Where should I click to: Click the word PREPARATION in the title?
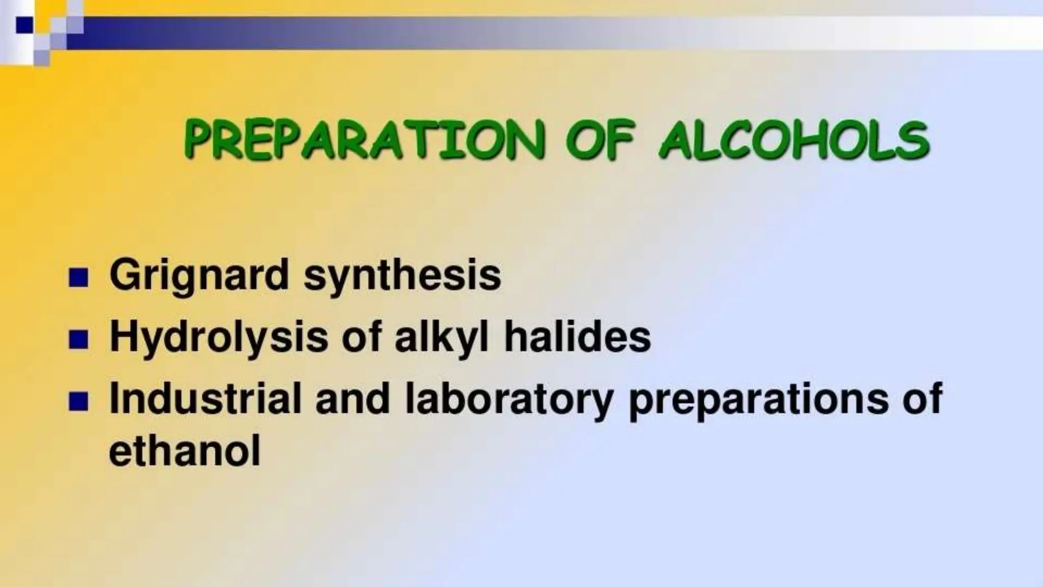pyautogui.click(x=364, y=139)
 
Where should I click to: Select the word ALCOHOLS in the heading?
pyautogui.click(x=793, y=139)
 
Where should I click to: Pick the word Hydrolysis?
pyautogui.click(x=218, y=337)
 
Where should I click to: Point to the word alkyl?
pyautogui.click(x=441, y=337)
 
